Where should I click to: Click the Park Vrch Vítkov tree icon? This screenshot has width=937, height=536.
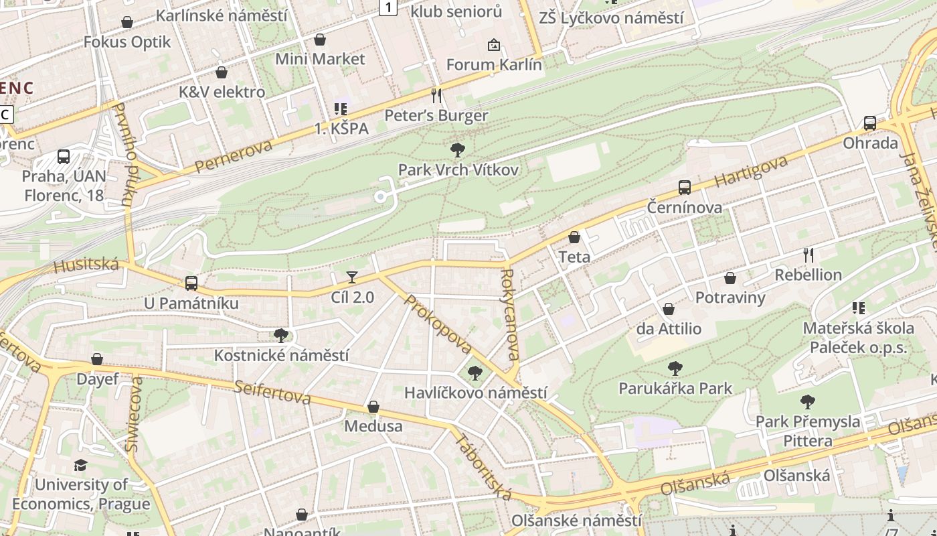coord(458,149)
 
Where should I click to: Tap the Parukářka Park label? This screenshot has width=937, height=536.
coord(675,389)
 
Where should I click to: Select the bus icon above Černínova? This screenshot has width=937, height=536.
coord(684,188)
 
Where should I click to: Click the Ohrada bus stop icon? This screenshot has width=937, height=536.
coord(870,123)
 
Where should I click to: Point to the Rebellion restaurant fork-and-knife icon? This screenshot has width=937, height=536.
coord(808,255)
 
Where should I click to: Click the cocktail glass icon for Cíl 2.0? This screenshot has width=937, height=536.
coord(352,277)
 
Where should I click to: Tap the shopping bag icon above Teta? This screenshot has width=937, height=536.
coord(574,237)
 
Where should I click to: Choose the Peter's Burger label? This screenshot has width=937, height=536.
coord(436,116)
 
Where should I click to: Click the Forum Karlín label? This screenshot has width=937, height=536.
coord(494,65)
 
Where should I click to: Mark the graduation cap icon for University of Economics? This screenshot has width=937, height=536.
coord(80,465)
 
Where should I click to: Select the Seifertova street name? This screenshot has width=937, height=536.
coord(272,393)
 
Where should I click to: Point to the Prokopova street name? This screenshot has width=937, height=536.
coord(438,325)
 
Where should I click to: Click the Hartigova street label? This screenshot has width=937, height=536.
coord(751,172)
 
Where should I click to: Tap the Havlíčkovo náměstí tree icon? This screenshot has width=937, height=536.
coord(475,373)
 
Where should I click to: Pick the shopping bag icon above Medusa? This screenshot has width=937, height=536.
coord(373,407)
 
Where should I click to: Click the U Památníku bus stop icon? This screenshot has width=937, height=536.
coord(191,283)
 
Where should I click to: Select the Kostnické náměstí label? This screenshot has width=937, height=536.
coord(281,356)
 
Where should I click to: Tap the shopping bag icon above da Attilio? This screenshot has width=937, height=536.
coord(668,309)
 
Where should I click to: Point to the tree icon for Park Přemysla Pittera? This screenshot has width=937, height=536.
coord(807,402)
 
